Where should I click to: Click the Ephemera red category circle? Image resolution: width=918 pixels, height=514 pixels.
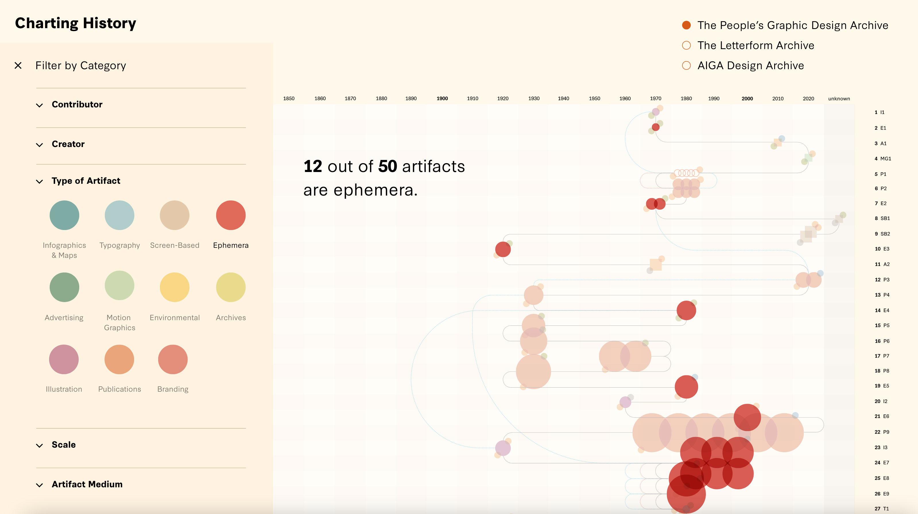pos(231,215)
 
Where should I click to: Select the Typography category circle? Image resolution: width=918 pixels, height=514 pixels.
pos(119,215)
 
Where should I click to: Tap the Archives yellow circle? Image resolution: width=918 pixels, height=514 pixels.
pos(231,287)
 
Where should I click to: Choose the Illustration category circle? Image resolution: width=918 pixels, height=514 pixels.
pos(64,359)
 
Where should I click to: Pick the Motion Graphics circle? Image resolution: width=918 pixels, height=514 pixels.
pos(119,285)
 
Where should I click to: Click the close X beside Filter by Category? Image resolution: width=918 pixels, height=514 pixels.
pos(18,65)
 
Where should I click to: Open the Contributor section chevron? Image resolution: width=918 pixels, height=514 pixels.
pos(40,105)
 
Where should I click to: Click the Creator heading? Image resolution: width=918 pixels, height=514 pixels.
pos(68,144)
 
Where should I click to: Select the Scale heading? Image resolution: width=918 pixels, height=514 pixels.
pos(63,445)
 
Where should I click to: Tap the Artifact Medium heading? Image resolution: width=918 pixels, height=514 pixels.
pos(87,484)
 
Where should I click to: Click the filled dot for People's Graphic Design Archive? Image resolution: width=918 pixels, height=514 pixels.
pos(686,25)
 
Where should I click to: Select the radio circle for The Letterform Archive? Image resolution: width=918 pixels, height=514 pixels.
pos(686,45)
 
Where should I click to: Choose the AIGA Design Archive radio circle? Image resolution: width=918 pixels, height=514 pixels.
pos(686,65)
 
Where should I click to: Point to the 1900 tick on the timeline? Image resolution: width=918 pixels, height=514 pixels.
pos(442,99)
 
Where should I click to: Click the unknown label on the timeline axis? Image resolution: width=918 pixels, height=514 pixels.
pos(839,99)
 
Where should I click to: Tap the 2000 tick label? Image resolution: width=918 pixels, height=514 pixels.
pos(747,99)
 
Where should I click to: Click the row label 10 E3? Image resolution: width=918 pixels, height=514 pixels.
pos(882,249)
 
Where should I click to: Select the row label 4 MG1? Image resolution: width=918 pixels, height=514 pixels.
pos(882,159)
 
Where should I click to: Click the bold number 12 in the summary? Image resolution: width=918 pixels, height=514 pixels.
pos(313,167)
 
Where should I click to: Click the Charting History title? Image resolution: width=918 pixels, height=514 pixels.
pos(75,24)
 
